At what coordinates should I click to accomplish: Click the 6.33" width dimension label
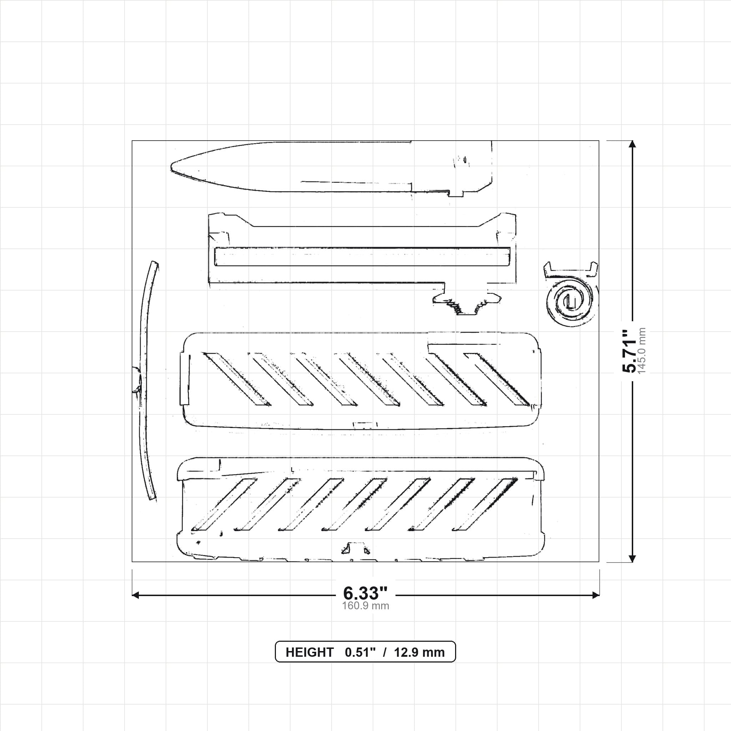pyautogui.click(x=365, y=593)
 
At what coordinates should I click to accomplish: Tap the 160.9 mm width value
pyautogui.click(x=365, y=606)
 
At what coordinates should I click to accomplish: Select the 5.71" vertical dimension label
pyautogui.click(x=630, y=351)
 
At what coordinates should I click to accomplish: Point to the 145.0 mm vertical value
pyautogui.click(x=642, y=351)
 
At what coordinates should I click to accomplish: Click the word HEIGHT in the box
pyautogui.click(x=309, y=652)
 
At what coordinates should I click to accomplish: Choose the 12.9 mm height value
pyautogui.click(x=419, y=652)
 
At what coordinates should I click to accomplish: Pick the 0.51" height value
pyautogui.click(x=360, y=652)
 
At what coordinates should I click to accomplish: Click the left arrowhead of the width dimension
pyautogui.click(x=135, y=595)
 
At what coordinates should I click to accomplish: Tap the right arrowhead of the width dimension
pyautogui.click(x=596, y=595)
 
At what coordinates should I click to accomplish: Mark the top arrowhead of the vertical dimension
pyautogui.click(x=632, y=144)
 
